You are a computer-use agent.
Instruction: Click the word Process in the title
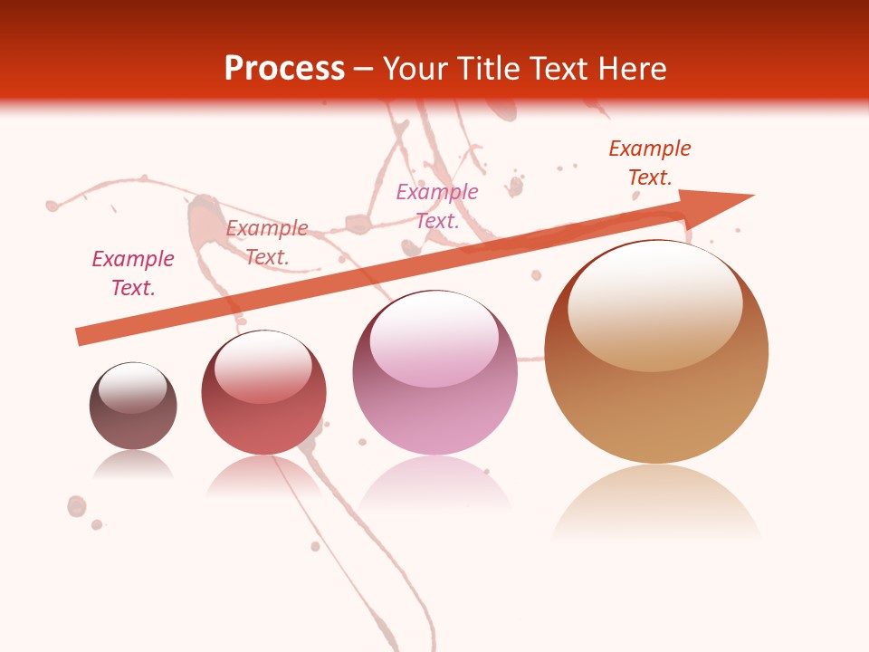tap(284, 68)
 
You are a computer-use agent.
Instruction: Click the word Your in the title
tap(417, 68)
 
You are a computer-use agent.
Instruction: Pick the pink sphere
tap(434, 385)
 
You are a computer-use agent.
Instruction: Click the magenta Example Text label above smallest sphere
tap(133, 273)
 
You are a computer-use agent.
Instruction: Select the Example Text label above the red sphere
tap(267, 243)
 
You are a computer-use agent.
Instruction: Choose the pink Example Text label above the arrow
tap(437, 206)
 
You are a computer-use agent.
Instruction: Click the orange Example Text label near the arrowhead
tap(650, 163)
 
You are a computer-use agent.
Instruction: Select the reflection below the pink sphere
tap(434, 484)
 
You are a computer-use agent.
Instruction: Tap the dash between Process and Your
tap(364, 69)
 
